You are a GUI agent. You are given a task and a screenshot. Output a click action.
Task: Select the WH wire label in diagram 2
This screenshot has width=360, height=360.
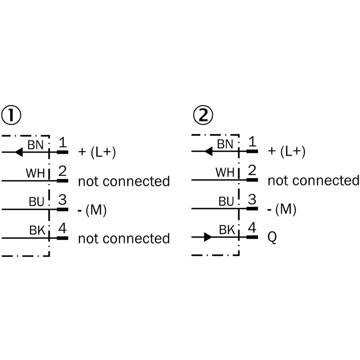point(225,172)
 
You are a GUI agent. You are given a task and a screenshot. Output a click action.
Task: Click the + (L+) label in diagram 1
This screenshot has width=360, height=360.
point(97,153)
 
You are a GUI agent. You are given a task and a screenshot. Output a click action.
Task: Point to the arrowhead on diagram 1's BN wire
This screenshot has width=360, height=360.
point(18,152)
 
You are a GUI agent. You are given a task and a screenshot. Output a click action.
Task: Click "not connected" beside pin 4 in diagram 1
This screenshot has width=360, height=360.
point(124,238)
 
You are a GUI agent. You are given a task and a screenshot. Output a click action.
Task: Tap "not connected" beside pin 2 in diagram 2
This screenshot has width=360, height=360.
point(313,180)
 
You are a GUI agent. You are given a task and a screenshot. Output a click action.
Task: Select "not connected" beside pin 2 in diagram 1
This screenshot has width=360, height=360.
point(124,181)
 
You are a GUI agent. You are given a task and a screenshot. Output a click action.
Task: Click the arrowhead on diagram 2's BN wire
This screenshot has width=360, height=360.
point(208,152)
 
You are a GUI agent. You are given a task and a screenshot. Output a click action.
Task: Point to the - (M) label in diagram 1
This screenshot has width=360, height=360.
point(92,210)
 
